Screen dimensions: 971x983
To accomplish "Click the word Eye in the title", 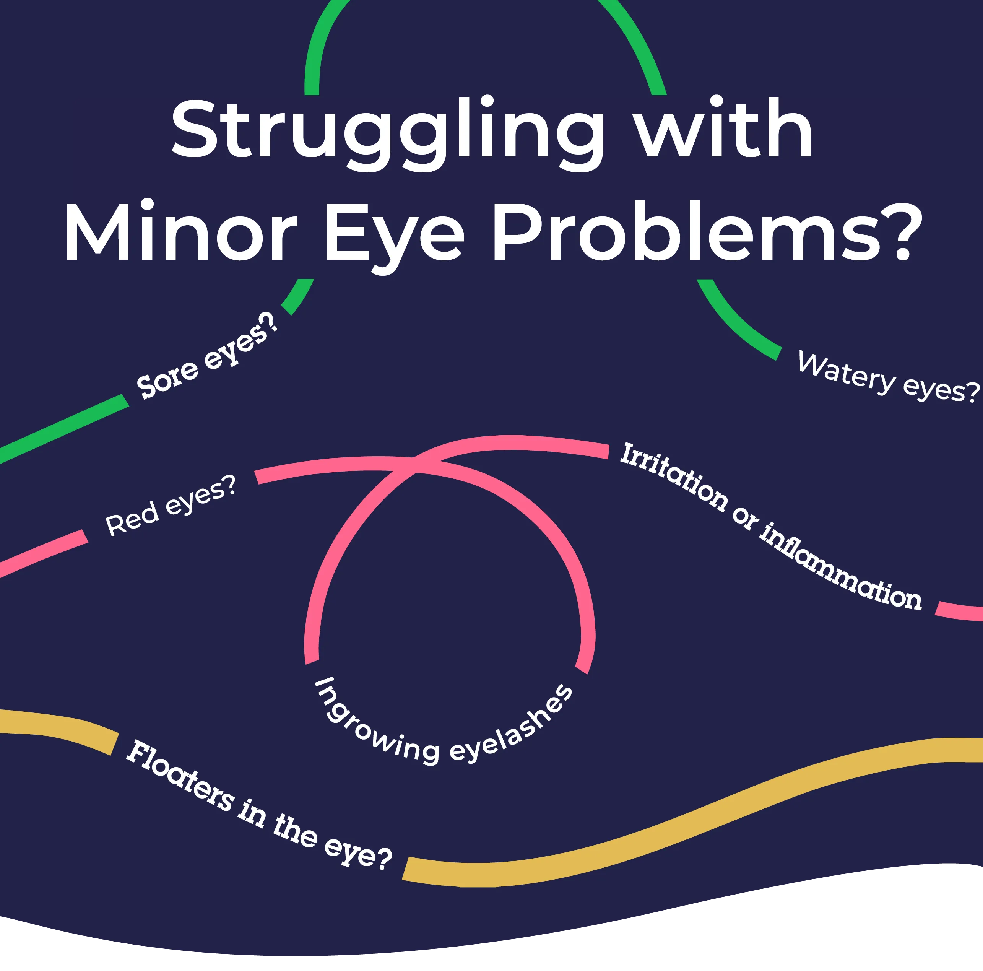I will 394,234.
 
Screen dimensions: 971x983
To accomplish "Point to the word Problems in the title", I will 687,231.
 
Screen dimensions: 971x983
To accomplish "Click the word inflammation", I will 840,568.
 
